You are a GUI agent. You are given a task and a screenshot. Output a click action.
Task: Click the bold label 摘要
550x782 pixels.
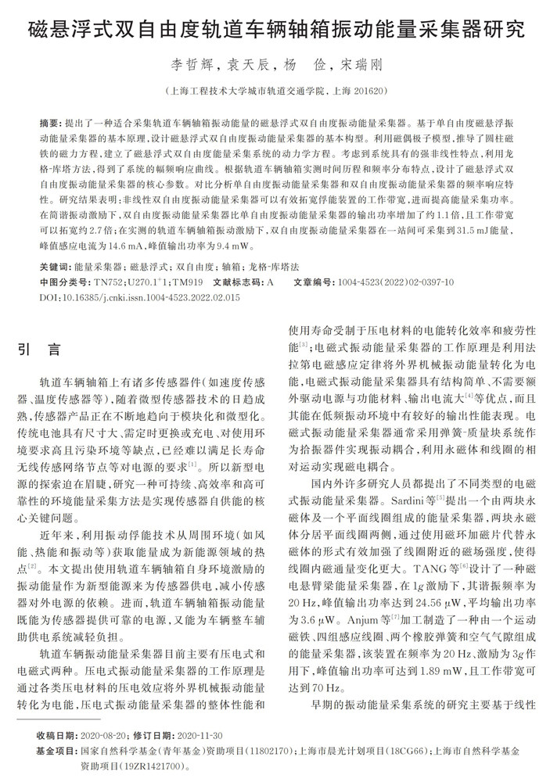tap(49, 124)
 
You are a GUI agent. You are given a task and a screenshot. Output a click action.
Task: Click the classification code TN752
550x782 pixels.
tap(108, 282)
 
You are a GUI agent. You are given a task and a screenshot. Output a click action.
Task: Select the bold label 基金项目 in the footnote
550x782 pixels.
tap(55, 750)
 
